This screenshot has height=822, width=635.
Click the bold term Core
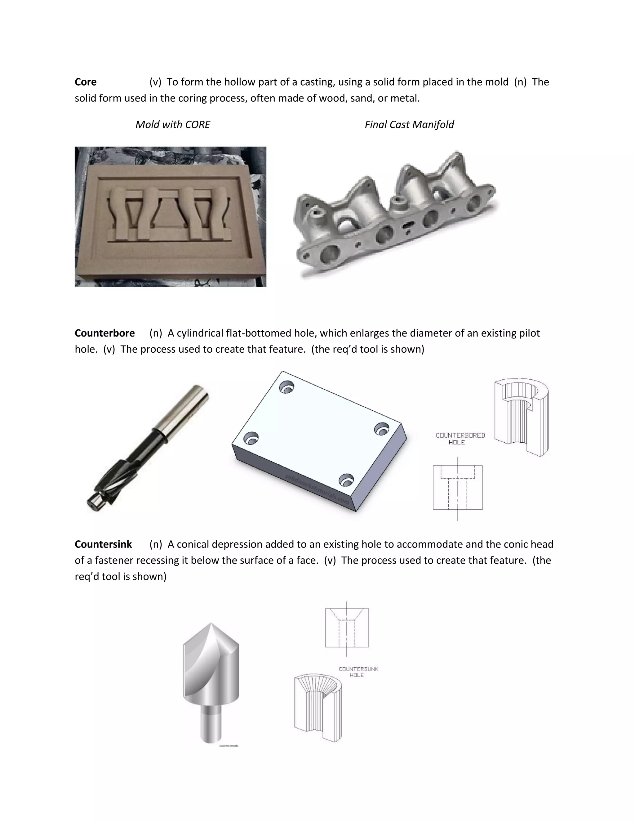(x=85, y=82)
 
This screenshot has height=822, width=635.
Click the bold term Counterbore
(x=104, y=333)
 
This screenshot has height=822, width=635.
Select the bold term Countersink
(x=103, y=544)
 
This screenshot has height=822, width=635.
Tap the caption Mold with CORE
(x=173, y=125)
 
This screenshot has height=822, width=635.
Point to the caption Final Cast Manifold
(x=409, y=125)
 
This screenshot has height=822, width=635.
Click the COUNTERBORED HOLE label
(x=460, y=439)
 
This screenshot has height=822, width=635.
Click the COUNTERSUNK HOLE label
(x=358, y=672)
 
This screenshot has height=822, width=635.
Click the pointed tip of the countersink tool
(x=211, y=625)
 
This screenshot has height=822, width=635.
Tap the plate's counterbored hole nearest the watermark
(x=346, y=480)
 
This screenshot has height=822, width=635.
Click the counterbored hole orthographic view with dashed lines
(x=457, y=487)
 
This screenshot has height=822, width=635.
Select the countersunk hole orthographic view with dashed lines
(x=346, y=628)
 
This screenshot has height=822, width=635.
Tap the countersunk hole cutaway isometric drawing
(x=318, y=708)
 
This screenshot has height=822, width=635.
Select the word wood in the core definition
(x=333, y=98)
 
